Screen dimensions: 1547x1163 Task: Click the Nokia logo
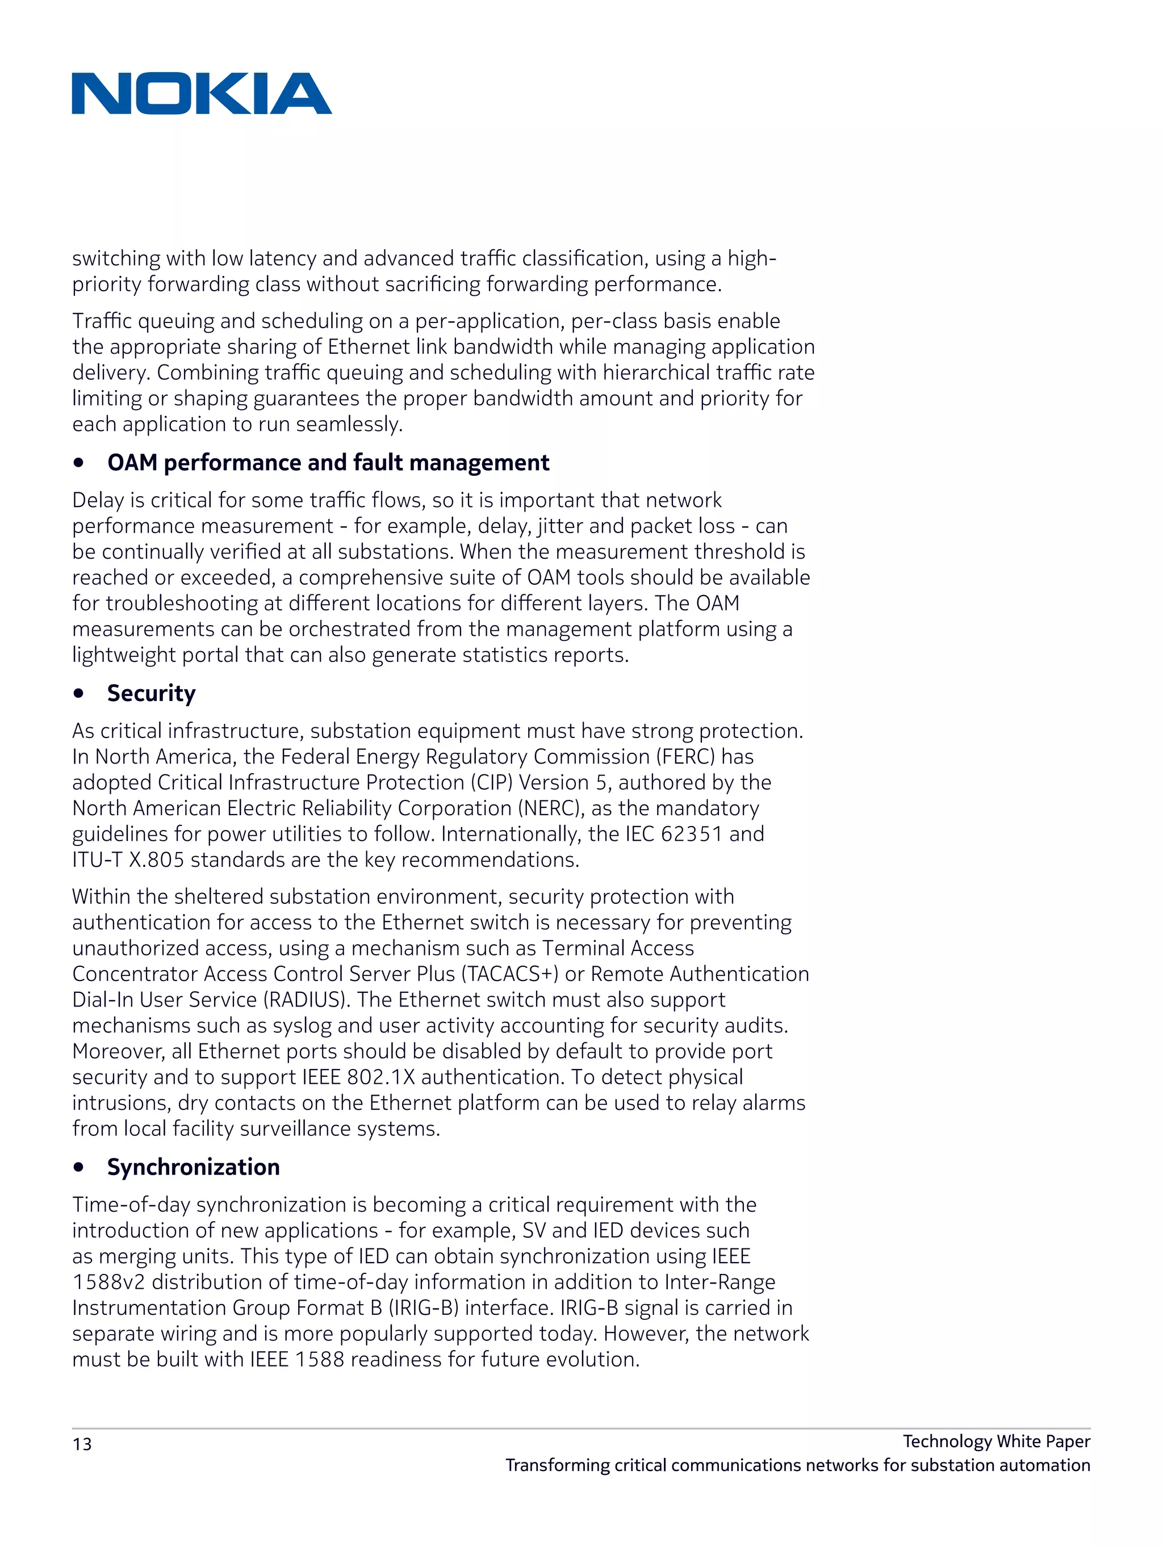pyautogui.click(x=202, y=94)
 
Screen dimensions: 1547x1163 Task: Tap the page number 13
pyautogui.click(x=82, y=1444)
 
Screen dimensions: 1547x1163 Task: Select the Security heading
pyautogui.click(x=151, y=693)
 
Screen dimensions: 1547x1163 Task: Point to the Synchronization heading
pyautogui.click(x=193, y=1167)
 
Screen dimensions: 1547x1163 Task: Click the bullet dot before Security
pyautogui.click(x=79, y=694)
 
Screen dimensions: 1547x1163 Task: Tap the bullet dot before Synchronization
pyautogui.click(x=79, y=1167)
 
